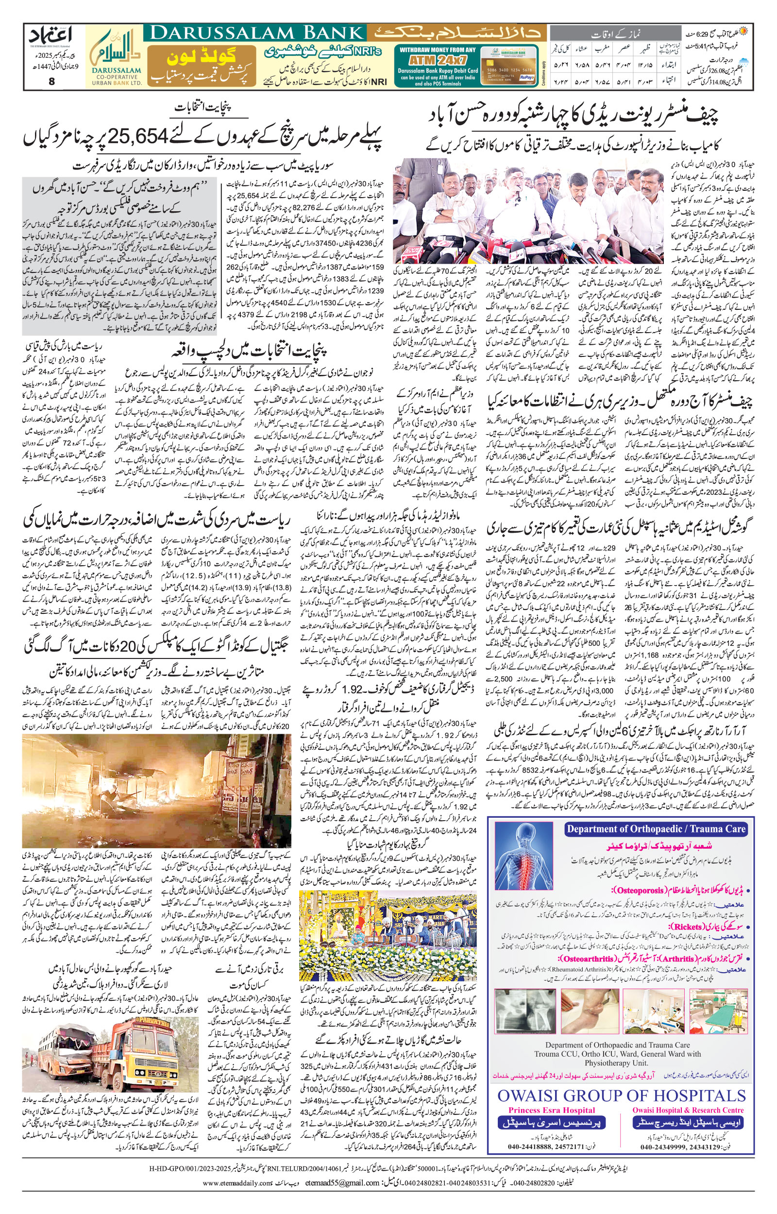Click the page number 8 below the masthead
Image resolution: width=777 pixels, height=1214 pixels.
pos(51,83)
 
